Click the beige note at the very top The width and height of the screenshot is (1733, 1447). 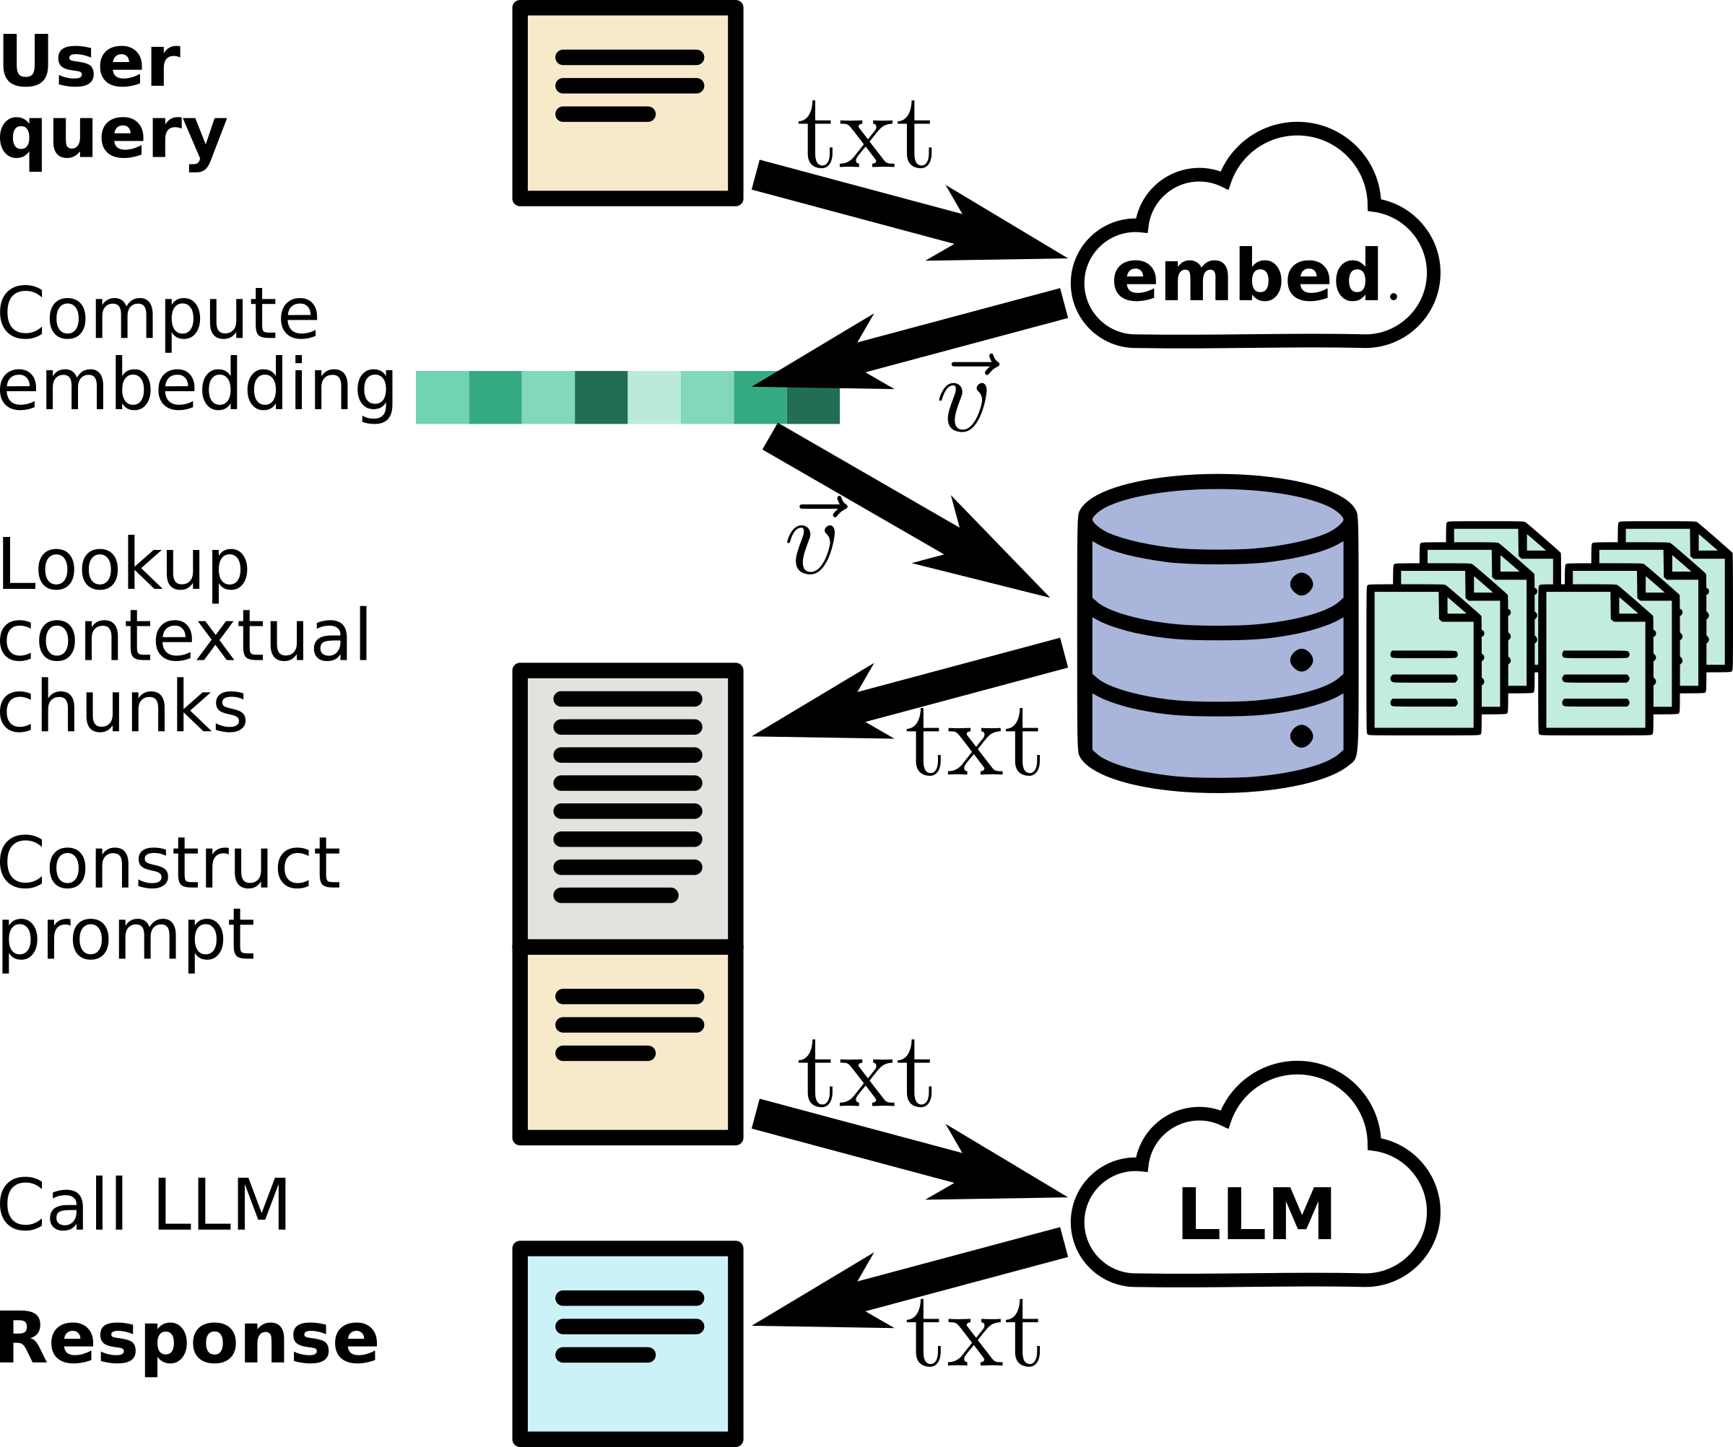[627, 149]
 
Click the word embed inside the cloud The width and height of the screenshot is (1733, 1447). [1244, 275]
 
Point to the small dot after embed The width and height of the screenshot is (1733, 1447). [1393, 296]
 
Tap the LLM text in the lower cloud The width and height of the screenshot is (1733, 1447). [1256, 1214]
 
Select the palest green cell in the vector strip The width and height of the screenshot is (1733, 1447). [653, 398]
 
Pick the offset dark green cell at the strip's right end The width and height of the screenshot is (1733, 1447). [813, 406]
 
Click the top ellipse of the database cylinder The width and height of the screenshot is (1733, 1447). [1217, 519]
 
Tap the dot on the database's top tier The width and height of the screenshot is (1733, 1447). [1301, 584]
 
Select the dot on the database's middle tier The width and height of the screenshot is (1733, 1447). [1301, 660]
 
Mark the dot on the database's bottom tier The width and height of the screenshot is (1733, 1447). [1301, 736]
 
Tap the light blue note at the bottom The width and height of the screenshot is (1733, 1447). [627, 1394]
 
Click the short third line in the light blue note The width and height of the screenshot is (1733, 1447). [605, 1355]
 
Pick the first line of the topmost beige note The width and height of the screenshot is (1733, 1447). [629, 57]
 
